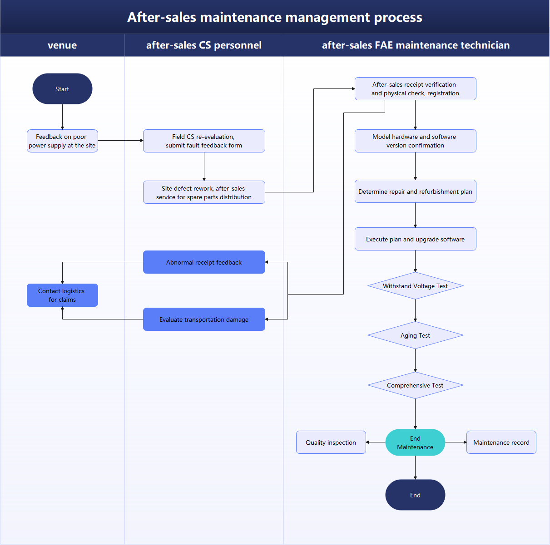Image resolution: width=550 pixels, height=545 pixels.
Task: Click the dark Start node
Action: [62, 89]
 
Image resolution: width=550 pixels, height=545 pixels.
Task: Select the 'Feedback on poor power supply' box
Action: [62, 141]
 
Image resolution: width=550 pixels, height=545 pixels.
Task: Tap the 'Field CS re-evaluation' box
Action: [204, 141]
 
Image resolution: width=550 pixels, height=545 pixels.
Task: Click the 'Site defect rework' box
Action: [204, 192]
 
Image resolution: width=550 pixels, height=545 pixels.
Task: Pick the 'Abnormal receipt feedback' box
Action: [204, 262]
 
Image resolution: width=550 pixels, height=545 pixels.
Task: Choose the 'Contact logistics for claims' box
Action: [62, 295]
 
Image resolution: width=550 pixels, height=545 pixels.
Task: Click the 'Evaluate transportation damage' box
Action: [204, 319]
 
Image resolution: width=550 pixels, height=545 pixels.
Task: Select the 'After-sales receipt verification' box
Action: [415, 88]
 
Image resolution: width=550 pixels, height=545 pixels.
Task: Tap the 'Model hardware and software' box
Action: [415, 141]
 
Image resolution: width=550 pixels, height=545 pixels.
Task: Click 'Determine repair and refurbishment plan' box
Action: [415, 191]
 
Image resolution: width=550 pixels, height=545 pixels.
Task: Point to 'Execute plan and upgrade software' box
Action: [415, 239]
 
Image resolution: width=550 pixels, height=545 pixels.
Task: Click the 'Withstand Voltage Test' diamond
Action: [415, 286]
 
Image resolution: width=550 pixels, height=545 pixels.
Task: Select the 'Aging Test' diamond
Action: [415, 335]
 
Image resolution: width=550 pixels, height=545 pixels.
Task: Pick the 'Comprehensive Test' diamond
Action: [415, 385]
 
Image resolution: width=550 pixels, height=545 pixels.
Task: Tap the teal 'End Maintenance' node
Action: [415, 442]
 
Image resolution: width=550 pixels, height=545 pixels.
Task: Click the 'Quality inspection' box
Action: [331, 442]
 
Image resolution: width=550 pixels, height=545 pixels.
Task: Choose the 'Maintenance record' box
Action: [501, 442]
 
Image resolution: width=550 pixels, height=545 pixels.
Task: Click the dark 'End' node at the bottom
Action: [415, 495]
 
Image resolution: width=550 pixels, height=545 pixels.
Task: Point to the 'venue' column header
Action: [62, 45]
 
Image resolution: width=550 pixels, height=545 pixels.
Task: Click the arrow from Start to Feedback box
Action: [62, 117]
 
